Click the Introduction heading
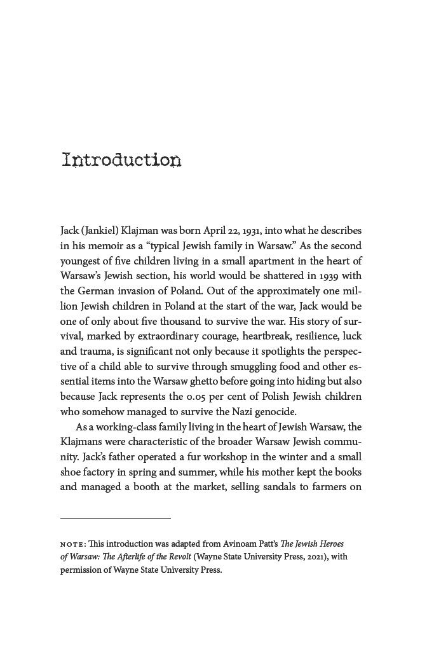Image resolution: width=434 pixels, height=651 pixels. pos(121,160)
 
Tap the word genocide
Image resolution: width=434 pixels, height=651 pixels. pos(276,411)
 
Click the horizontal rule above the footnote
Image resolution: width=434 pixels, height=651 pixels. pos(116,518)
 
